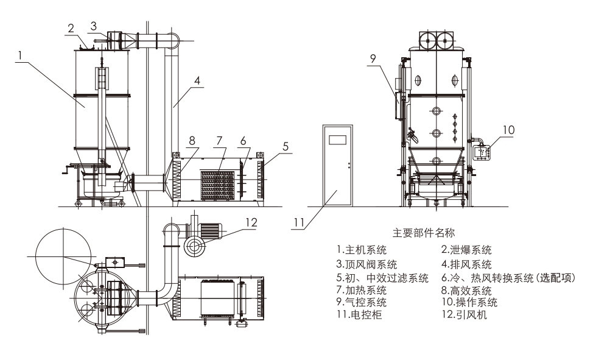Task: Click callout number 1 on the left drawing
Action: pyautogui.click(x=21, y=55)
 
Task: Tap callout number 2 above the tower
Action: pyautogui.click(x=71, y=28)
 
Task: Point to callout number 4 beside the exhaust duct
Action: pyautogui.click(x=198, y=79)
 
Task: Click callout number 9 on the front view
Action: pyautogui.click(x=374, y=59)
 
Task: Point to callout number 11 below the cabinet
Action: pyautogui.click(x=298, y=222)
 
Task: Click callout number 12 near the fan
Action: pyautogui.click(x=251, y=224)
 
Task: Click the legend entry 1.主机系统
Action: pyautogui.click(x=361, y=250)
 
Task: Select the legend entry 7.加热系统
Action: pyautogui.click(x=361, y=289)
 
